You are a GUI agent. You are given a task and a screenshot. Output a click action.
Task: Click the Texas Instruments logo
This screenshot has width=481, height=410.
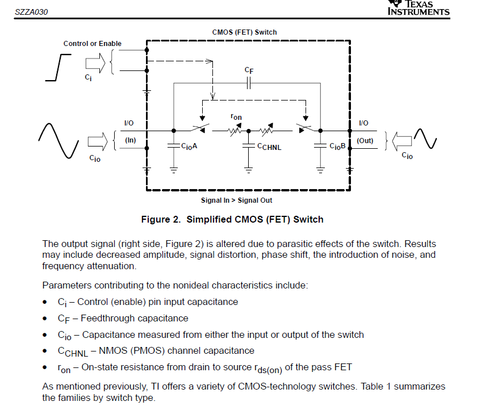tap(418, 8)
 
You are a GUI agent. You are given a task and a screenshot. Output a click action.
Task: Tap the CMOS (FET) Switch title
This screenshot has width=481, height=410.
tap(245, 32)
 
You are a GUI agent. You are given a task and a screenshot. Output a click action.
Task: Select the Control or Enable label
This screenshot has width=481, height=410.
tap(93, 44)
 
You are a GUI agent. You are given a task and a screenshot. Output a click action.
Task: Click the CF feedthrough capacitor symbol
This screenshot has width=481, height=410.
tap(248, 83)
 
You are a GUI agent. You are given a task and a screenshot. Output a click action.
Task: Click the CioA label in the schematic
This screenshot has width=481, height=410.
tap(189, 147)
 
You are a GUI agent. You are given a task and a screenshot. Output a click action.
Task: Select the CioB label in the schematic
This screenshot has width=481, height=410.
tap(337, 147)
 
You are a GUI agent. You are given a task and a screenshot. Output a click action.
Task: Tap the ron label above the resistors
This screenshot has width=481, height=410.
tap(236, 117)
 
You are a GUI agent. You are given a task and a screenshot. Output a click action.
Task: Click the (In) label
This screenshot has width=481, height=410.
tap(131, 140)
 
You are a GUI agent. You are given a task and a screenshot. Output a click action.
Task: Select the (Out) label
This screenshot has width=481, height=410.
tap(365, 140)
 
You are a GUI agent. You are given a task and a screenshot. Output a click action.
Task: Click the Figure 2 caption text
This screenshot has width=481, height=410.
tap(232, 219)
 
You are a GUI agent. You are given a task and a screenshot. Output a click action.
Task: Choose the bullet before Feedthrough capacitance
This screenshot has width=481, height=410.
tap(45, 319)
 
